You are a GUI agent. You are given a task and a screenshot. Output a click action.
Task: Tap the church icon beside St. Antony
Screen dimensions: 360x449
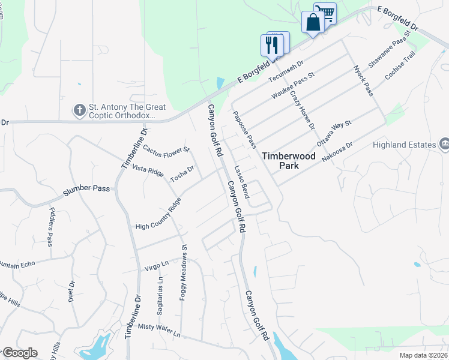[x=79, y=109]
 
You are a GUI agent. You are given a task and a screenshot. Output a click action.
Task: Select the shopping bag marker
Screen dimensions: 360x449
[x=313, y=23]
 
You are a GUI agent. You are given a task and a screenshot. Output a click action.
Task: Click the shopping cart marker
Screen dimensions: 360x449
[x=325, y=13]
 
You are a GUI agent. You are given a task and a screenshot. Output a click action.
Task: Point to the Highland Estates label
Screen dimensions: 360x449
[x=411, y=145]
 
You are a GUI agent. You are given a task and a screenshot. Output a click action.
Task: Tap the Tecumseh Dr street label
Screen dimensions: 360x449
[x=286, y=71]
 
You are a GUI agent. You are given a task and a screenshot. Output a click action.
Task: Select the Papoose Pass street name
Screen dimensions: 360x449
[x=245, y=130]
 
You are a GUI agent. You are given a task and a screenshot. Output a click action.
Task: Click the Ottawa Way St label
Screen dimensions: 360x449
[x=333, y=134]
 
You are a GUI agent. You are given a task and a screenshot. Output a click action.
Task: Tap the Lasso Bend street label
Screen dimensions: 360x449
[x=242, y=182]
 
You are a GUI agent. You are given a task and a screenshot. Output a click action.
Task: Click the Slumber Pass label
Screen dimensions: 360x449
[x=87, y=188]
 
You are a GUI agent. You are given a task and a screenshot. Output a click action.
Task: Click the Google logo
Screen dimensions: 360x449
[x=20, y=353]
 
